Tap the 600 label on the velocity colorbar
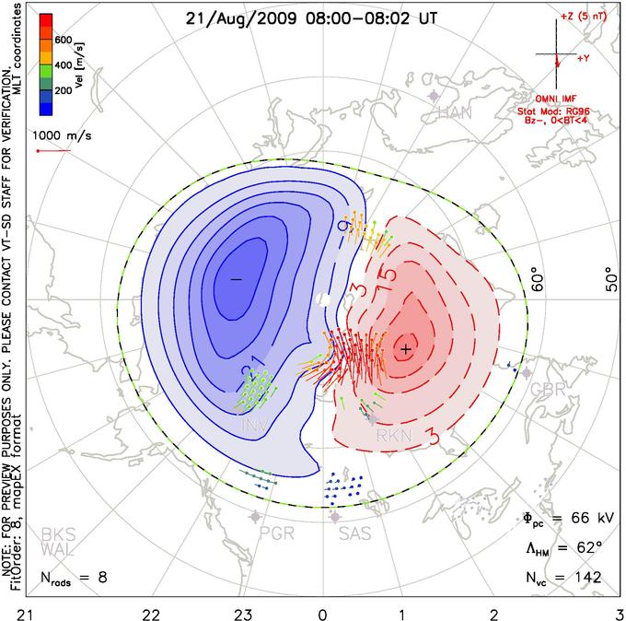click(x=63, y=40)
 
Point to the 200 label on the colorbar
click(x=63, y=91)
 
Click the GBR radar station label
click(x=547, y=389)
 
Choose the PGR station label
click(x=277, y=533)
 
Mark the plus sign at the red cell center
click(x=405, y=348)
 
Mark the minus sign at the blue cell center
click(x=236, y=278)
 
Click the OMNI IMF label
click(x=555, y=97)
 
